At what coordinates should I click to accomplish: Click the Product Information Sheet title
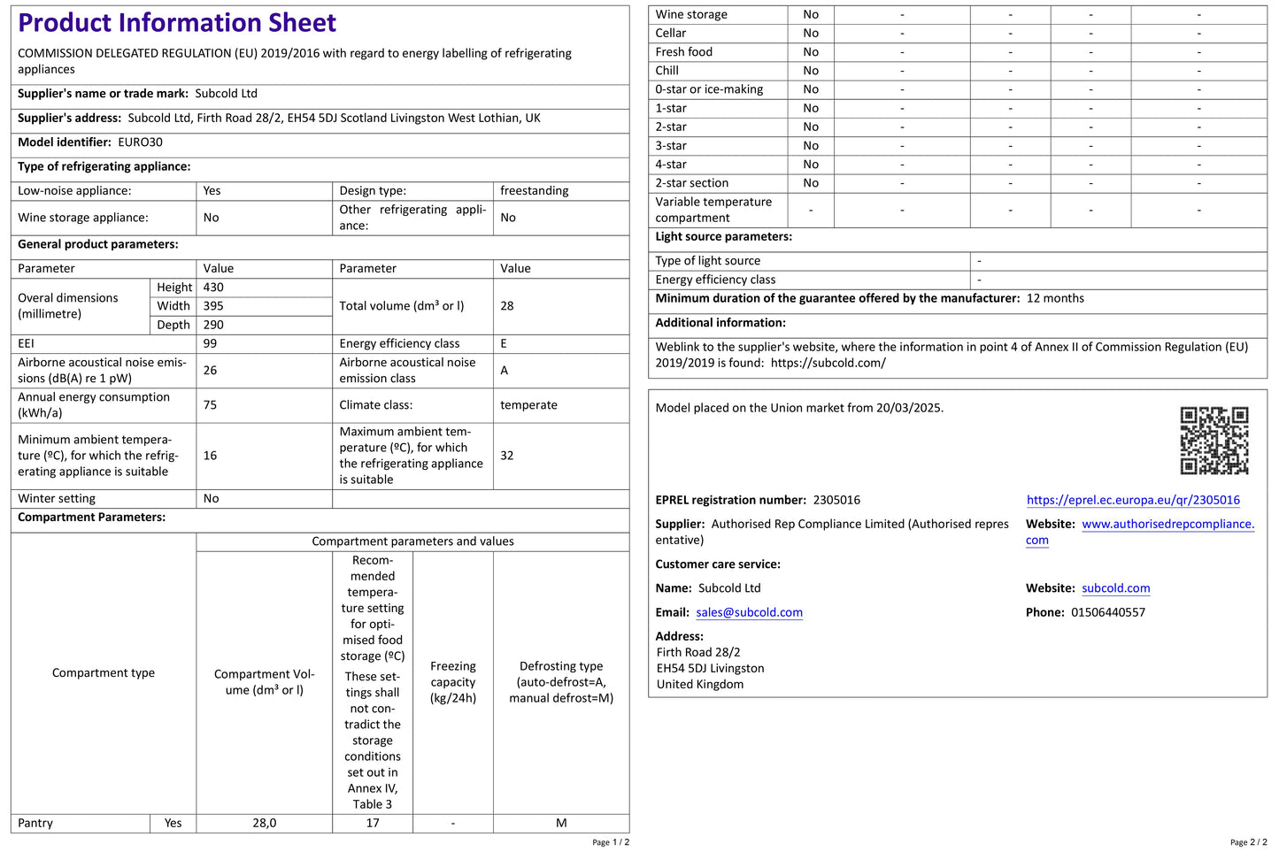177,23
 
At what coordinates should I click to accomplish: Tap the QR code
1214,441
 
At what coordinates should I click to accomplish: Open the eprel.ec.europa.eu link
1133,500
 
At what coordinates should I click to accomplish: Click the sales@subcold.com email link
749,612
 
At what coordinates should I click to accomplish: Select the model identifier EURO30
140,142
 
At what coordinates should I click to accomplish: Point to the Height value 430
213,288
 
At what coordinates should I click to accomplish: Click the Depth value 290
213,325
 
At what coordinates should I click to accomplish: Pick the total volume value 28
507,306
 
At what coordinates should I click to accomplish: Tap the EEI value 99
210,343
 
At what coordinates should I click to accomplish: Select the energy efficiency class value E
504,343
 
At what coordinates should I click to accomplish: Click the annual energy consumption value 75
210,405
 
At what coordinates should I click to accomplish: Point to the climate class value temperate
528,405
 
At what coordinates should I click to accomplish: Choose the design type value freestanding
534,191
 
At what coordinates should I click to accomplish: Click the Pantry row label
35,823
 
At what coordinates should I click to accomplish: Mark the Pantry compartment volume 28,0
264,823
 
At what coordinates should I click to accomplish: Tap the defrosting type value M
561,823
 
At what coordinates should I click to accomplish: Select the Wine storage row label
691,15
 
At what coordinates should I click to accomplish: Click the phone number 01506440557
1107,612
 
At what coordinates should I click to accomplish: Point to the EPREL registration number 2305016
836,500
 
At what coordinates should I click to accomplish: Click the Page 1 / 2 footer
611,842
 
